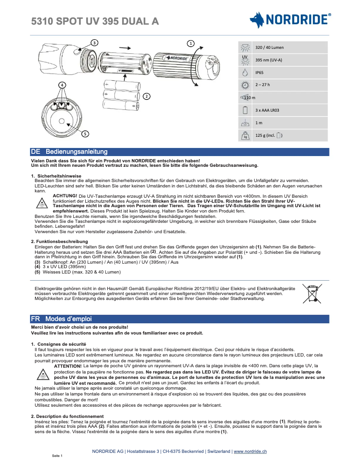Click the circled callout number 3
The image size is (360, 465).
point(94,43)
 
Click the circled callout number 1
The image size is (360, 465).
point(191,43)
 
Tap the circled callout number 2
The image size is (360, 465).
point(146,96)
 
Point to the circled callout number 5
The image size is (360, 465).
point(85,133)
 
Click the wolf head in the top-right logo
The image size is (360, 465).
point(257,20)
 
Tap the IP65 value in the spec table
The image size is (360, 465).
point(259,72)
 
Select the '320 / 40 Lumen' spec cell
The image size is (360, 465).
point(269,47)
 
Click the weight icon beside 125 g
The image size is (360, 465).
point(245,135)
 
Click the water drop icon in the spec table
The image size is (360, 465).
point(245,72)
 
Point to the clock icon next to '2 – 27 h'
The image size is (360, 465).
point(245,85)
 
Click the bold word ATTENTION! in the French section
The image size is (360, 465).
point(68,366)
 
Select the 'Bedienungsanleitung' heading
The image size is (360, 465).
point(76,152)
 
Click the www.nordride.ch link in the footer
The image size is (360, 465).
point(250,451)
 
